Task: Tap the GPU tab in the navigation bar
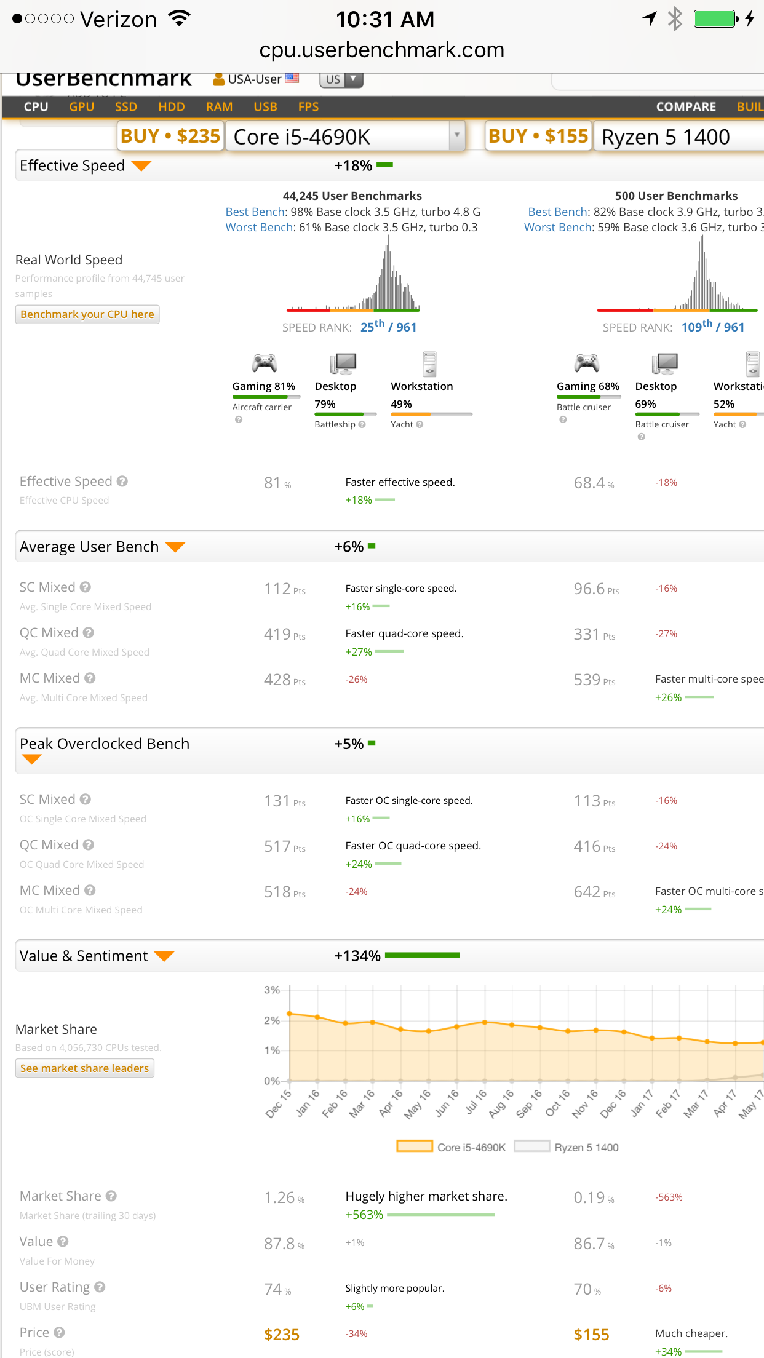coord(81,107)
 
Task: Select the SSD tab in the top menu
coord(126,107)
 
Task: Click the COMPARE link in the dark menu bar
coord(686,107)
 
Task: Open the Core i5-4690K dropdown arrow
coord(457,135)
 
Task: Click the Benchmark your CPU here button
coord(87,314)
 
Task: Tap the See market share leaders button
coord(85,1068)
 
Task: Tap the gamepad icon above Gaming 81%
coord(265,363)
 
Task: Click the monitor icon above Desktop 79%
coord(343,363)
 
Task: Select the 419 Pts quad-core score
coord(284,634)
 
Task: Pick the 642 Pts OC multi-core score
coord(594,892)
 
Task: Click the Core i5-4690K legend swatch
coord(415,1146)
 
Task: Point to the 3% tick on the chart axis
coord(272,990)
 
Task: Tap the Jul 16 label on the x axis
coord(476,1102)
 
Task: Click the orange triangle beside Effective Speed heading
coord(141,166)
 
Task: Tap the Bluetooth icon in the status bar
coord(675,18)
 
